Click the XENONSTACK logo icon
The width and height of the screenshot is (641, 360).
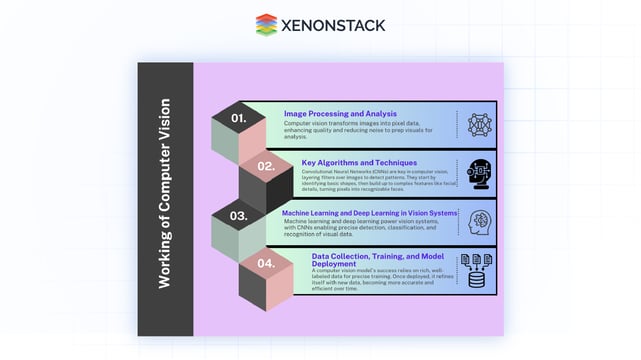pos(266,24)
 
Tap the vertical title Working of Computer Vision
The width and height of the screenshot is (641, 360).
pos(165,193)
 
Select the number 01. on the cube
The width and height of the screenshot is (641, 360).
pos(238,118)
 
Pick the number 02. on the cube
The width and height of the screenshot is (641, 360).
pos(265,166)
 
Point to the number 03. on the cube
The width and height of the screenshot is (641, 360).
pos(238,215)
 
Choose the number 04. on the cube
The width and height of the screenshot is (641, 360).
pos(265,263)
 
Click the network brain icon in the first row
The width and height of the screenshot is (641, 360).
pos(480,124)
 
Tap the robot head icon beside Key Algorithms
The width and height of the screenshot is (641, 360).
pos(478,172)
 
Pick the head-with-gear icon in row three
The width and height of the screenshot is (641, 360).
pos(479,220)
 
